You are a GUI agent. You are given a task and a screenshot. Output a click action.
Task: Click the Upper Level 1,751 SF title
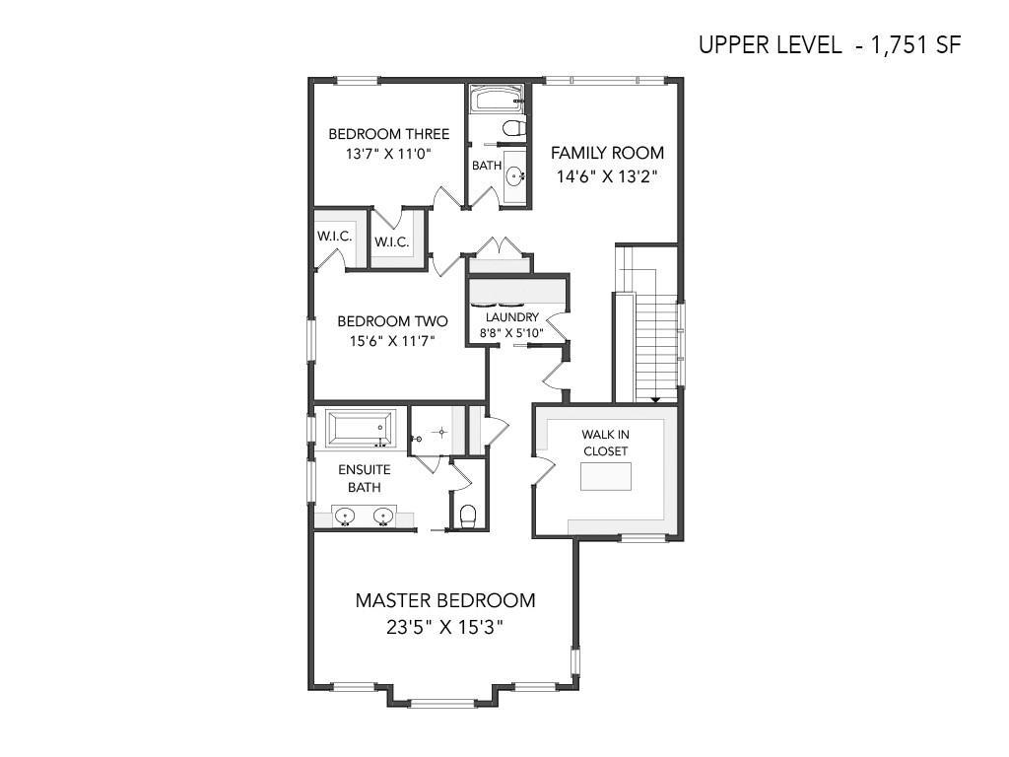(x=830, y=45)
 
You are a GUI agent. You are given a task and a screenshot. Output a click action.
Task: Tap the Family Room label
(x=607, y=153)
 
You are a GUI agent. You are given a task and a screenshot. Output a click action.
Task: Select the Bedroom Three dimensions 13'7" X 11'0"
(x=388, y=154)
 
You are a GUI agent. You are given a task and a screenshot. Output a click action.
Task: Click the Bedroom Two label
(x=392, y=320)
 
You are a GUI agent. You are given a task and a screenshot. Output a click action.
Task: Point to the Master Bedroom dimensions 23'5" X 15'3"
(x=444, y=626)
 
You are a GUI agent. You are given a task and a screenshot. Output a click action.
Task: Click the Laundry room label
(x=512, y=316)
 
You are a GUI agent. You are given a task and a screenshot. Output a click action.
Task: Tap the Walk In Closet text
(x=606, y=443)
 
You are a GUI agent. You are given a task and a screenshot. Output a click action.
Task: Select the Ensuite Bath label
(x=365, y=478)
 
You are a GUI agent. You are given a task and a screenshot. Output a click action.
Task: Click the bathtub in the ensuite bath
(x=359, y=428)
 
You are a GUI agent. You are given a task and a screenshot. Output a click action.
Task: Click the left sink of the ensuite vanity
(x=345, y=516)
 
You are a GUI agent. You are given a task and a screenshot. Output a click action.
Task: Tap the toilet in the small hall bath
(x=513, y=128)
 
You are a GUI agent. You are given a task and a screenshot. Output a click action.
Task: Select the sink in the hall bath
(x=515, y=175)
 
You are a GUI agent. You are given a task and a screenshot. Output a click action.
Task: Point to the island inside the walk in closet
(x=606, y=476)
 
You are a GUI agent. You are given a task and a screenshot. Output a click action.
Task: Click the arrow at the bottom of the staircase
(x=655, y=400)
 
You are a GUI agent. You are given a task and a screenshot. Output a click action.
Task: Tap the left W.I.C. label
(x=335, y=237)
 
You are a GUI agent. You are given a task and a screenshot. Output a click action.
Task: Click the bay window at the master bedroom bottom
(x=442, y=703)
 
